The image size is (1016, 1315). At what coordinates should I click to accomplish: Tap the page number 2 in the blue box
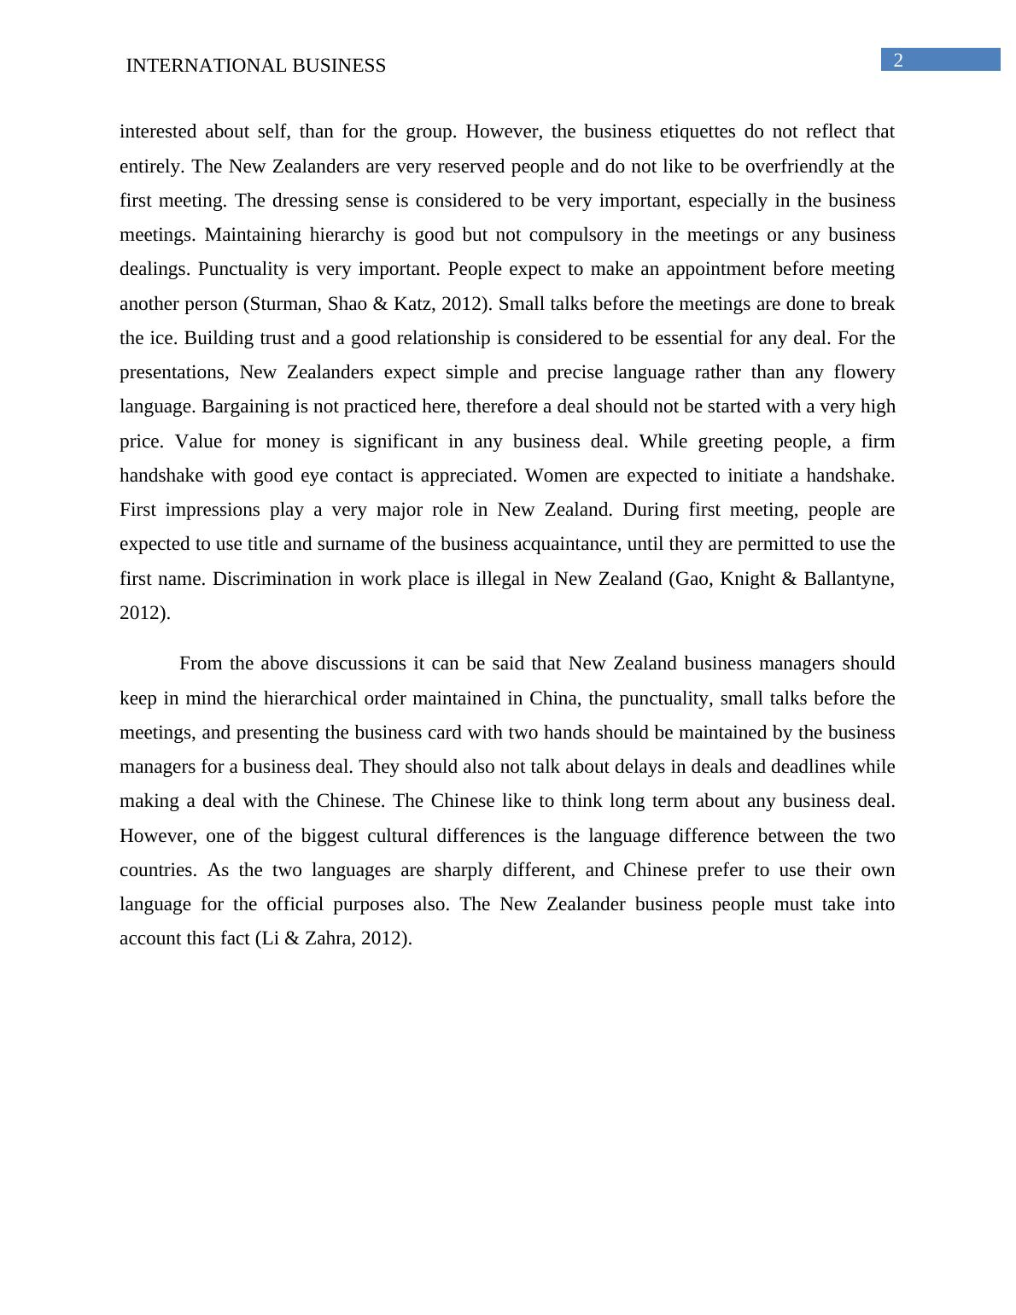click(898, 60)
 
